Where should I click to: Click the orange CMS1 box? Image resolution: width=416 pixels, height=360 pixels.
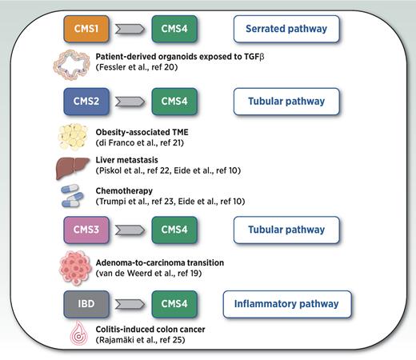tap(86, 30)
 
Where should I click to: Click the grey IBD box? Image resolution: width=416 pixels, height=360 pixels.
tap(86, 304)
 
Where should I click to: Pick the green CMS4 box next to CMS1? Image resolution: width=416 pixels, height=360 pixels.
tap(174, 30)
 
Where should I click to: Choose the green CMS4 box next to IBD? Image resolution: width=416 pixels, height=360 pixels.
tap(174, 304)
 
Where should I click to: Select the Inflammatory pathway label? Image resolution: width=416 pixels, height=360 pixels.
tap(286, 304)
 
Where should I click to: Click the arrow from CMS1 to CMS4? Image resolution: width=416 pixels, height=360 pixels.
tap(130, 30)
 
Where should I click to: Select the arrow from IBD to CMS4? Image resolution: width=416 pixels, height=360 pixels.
tap(130, 304)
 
